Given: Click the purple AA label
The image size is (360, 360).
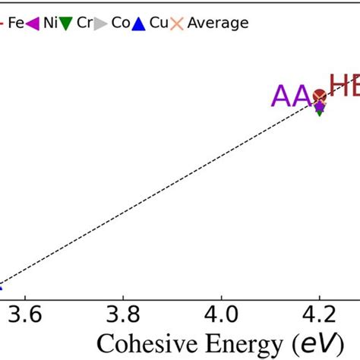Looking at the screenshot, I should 292,97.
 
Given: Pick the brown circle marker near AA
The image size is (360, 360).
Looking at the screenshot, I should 320,96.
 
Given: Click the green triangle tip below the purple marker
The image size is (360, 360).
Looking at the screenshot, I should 320,113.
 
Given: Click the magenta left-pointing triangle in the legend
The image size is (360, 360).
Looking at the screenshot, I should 32,23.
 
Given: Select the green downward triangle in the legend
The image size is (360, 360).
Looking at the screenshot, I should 66,24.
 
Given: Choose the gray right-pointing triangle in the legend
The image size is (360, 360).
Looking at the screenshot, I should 101,23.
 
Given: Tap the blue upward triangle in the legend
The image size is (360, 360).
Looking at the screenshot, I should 137,23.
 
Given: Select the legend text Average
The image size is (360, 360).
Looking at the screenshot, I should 218,23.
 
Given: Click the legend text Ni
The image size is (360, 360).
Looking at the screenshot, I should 49,23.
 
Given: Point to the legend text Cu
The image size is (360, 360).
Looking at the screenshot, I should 158,23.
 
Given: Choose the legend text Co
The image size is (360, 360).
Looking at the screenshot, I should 120,23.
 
